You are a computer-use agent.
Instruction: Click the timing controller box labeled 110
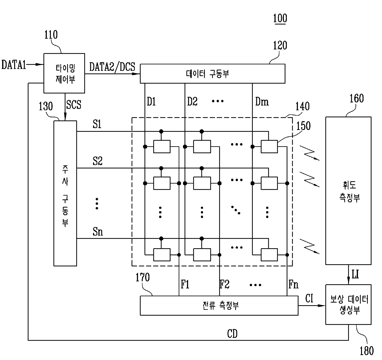coord(64,73)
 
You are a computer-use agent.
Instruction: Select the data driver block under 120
coord(213,74)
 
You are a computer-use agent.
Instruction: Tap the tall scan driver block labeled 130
coord(65,193)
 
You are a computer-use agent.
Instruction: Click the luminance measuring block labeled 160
coord(348,191)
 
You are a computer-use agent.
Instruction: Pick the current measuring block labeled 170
coord(219,305)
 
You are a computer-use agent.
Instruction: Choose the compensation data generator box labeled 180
coord(348,305)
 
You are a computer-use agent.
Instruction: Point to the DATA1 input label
coord(14,65)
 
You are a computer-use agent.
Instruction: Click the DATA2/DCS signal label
coord(112,67)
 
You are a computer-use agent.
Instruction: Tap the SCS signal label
coord(74,105)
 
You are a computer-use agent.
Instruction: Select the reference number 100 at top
coord(280,18)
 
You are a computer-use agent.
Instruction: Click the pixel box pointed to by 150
coord(269,147)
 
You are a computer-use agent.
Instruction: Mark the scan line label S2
coord(98,161)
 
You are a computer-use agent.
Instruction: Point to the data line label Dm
coord(262,102)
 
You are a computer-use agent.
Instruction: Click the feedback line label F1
coord(185,285)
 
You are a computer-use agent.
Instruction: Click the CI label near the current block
coord(309,298)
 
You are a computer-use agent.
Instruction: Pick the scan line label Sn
coord(98,232)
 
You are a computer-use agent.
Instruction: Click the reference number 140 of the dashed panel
coord(303,106)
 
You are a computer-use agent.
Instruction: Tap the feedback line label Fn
coord(293,285)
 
